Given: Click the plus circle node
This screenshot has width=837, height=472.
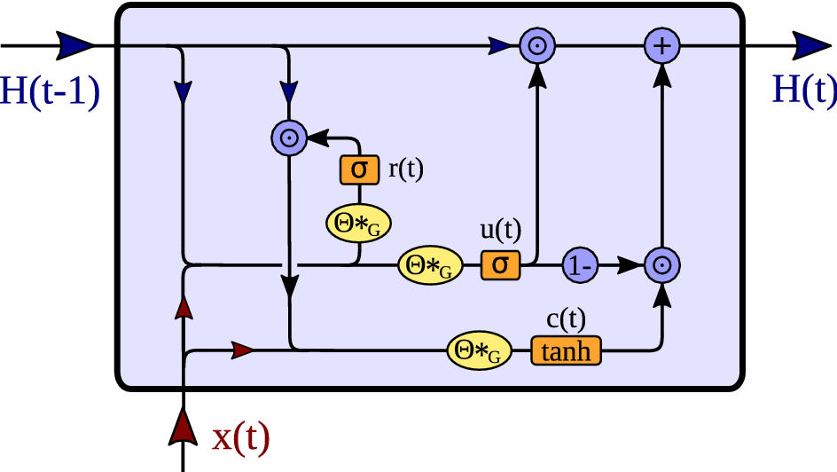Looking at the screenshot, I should (x=661, y=45).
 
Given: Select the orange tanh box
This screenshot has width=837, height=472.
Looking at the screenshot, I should (x=566, y=351).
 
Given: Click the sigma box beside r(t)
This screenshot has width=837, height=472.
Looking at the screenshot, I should (x=359, y=169).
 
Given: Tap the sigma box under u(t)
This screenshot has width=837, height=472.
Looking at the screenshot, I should (x=500, y=264).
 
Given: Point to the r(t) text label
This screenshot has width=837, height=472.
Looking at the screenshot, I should (x=406, y=168).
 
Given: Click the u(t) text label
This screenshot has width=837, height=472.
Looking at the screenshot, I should (x=501, y=230).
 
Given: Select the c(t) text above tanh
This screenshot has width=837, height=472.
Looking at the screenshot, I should (x=565, y=318).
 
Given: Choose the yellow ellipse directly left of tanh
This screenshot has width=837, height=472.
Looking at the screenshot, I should (x=481, y=351).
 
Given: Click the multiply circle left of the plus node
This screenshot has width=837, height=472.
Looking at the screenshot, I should (x=536, y=45).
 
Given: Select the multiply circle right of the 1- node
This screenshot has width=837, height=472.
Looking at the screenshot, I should (x=661, y=264).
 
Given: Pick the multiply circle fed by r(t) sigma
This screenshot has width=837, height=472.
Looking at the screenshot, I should (x=289, y=137).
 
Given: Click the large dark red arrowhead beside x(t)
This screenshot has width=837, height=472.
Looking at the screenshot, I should (x=184, y=425).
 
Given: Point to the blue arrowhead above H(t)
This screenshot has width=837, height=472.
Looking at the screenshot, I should (x=810, y=45).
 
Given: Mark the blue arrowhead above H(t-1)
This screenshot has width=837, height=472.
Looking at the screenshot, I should (x=75, y=44).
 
